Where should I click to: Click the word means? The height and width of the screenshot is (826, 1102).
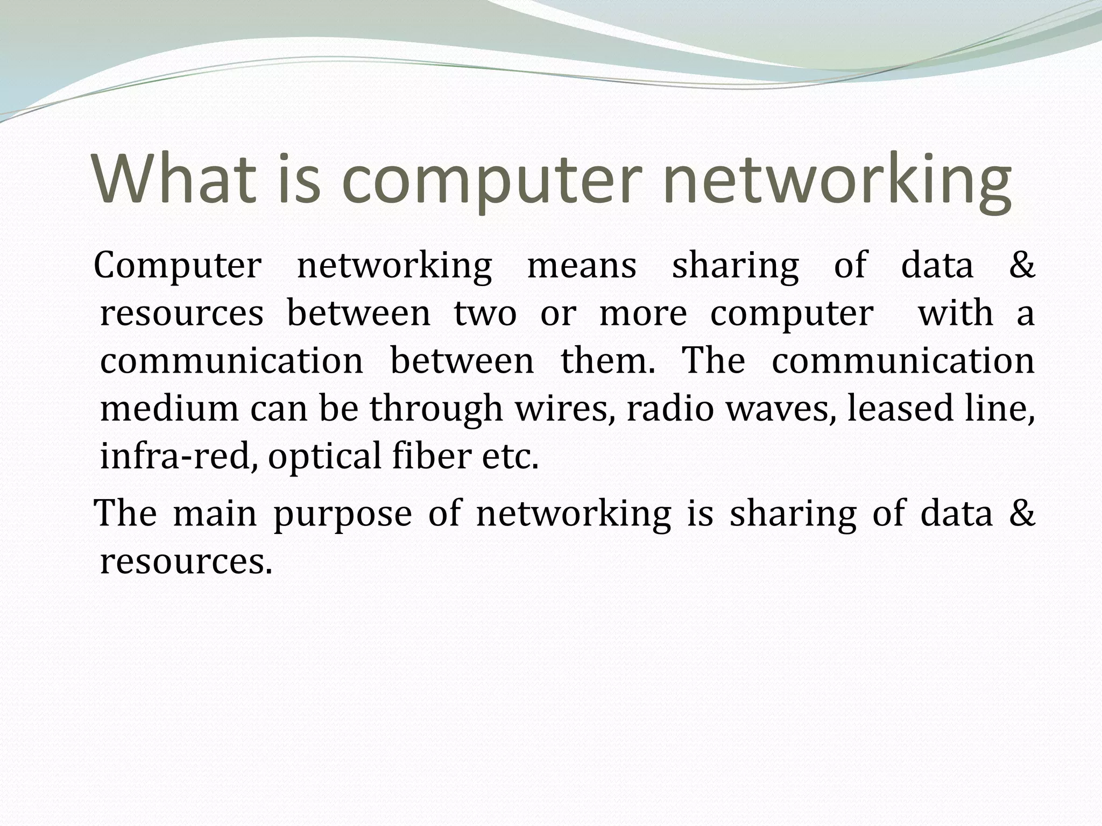pyautogui.click(x=582, y=266)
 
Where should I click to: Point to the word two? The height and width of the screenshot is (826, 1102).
pyautogui.click(x=485, y=313)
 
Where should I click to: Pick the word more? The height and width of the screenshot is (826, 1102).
pyautogui.click(x=643, y=313)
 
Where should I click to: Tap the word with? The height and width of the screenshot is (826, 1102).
pyautogui.click(x=956, y=313)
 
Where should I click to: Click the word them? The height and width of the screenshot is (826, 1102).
pyautogui.click(x=609, y=360)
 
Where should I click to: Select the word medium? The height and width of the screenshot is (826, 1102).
pyautogui.click(x=169, y=408)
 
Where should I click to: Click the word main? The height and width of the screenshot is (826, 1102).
pyautogui.click(x=215, y=513)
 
